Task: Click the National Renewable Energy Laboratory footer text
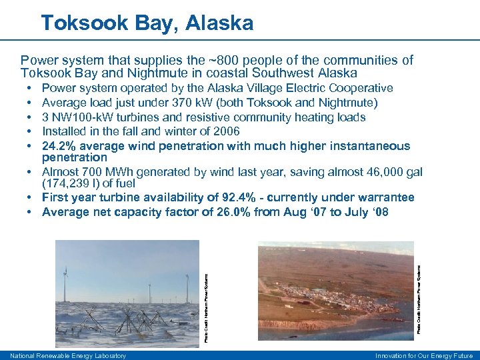tap(68, 356)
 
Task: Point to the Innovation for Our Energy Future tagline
tap(424, 356)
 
